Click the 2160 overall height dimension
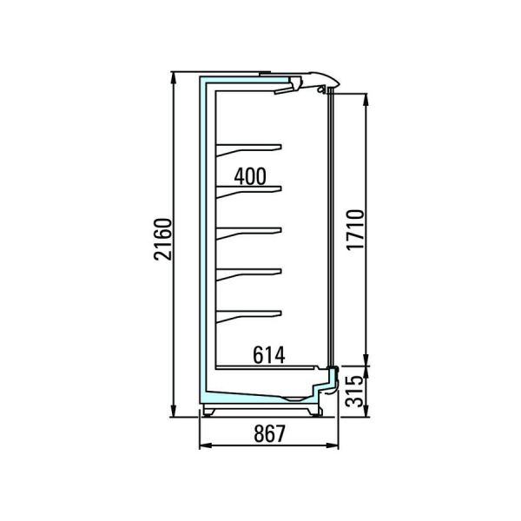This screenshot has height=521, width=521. point(163,239)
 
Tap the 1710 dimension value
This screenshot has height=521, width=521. point(355,230)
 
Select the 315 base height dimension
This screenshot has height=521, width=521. point(354,391)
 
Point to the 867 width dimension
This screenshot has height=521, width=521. point(269,433)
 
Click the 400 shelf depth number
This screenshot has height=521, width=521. point(250,176)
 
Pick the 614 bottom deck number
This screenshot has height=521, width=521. point(269,355)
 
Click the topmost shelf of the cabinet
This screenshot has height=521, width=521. point(248,149)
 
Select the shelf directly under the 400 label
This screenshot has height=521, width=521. point(248,192)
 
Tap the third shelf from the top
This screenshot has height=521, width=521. point(248,233)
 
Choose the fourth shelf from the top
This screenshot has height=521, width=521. point(248,274)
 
